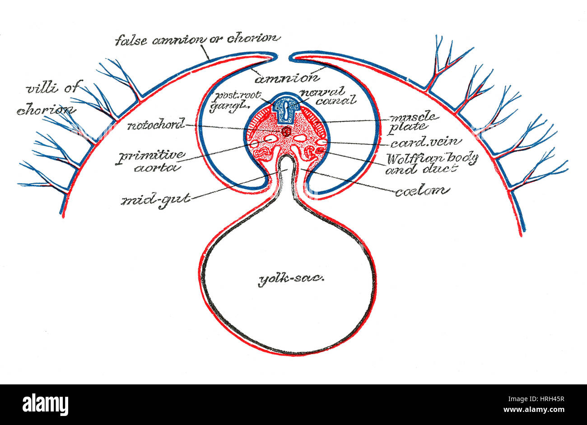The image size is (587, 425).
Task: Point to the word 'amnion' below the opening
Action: pos(287,79)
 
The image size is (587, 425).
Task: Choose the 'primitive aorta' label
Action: pos(151,161)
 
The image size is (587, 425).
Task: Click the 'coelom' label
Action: pos(422,191)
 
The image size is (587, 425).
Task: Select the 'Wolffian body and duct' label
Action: pos(431,163)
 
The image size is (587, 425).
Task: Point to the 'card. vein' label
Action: pos(426,143)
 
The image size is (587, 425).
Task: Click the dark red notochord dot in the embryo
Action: pos(286,131)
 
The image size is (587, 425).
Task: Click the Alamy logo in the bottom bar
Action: pos(45,405)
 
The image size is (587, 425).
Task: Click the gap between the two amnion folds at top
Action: pos(284,57)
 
